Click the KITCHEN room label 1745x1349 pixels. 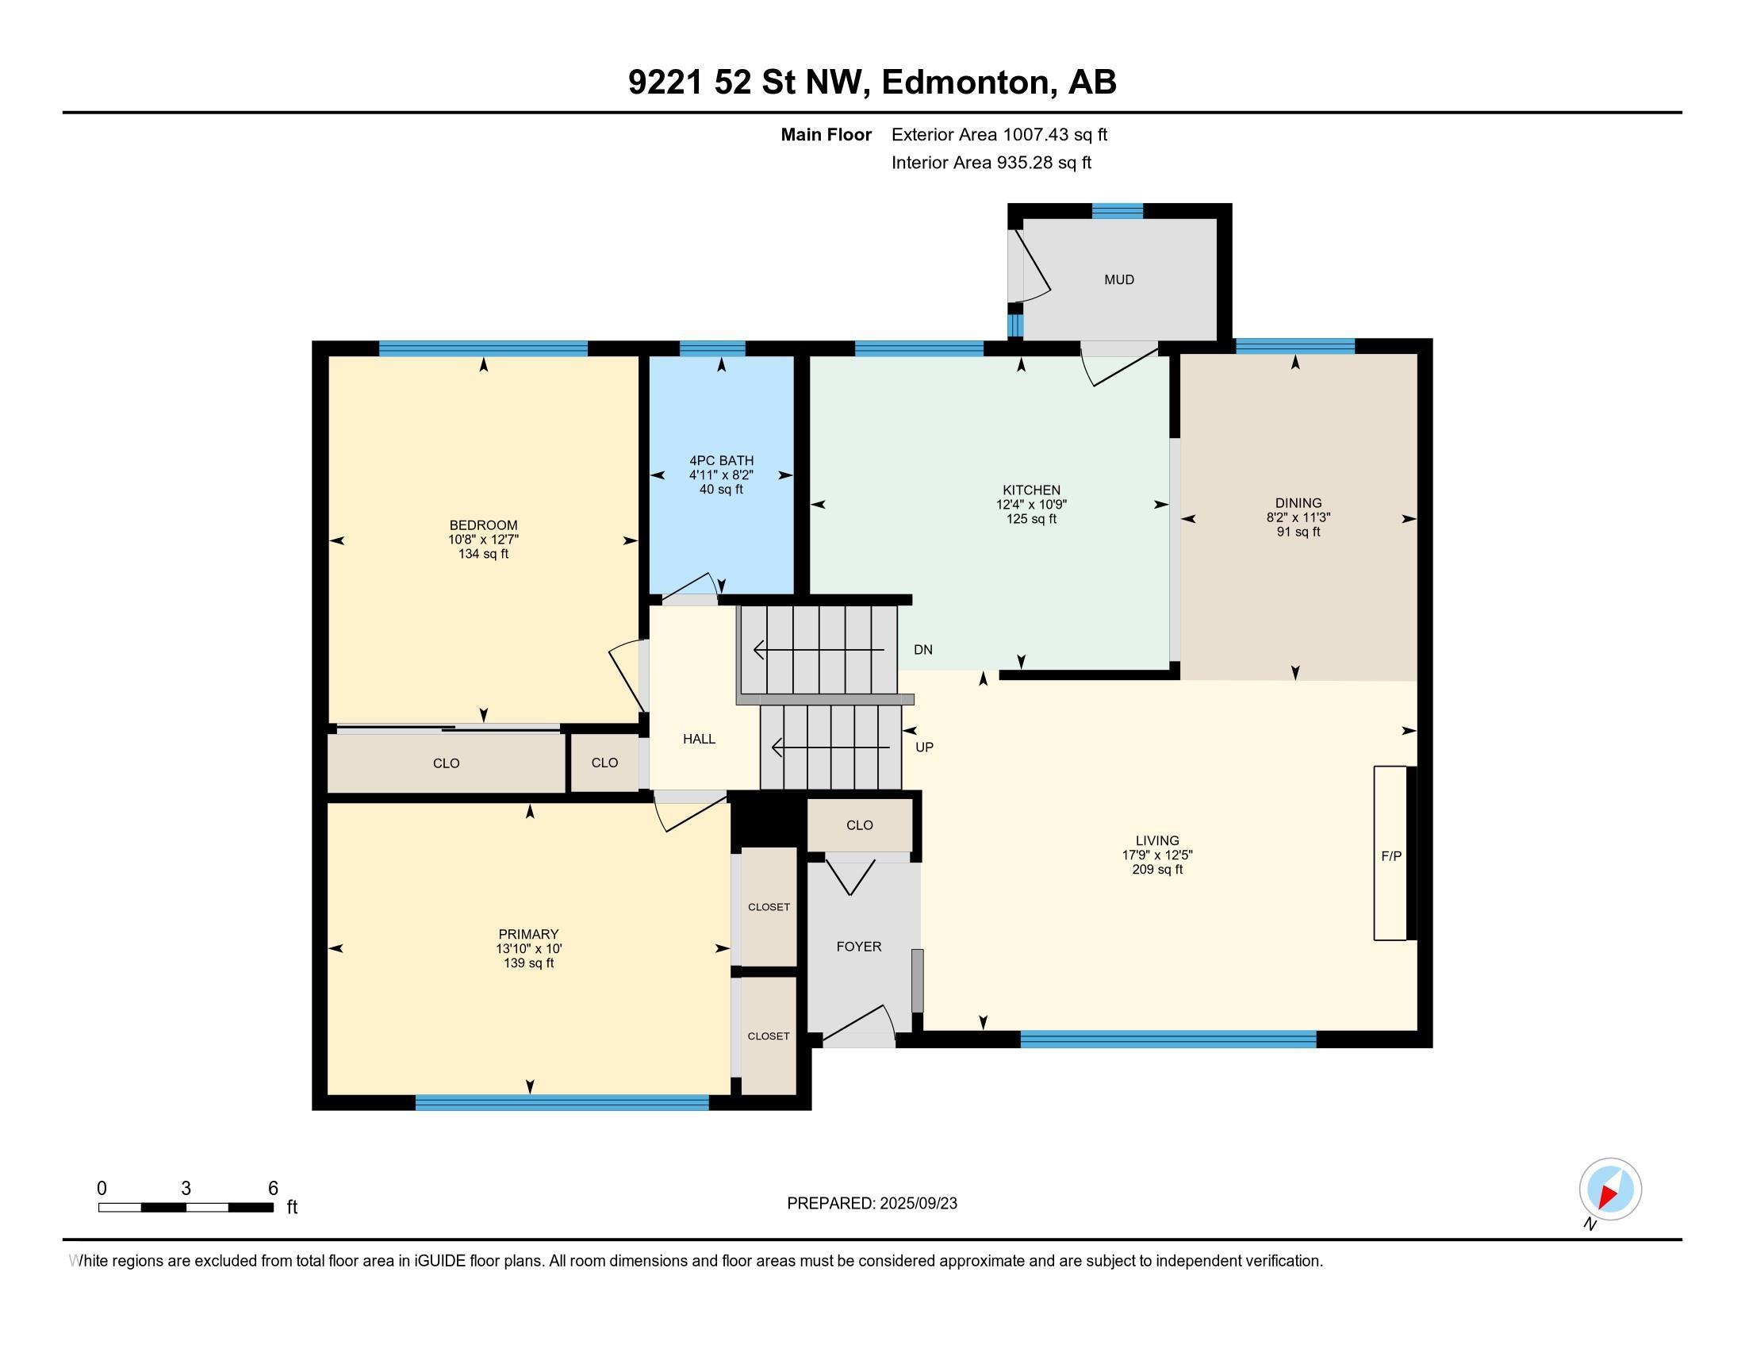coord(1031,490)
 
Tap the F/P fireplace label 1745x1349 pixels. coord(1391,856)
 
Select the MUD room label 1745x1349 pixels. coord(1119,279)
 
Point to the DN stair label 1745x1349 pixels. coord(922,650)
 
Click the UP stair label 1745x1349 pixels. coord(924,748)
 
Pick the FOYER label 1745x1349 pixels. coord(859,946)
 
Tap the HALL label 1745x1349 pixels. coord(699,740)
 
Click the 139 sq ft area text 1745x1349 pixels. coord(528,963)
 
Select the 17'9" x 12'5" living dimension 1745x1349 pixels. coord(1158,855)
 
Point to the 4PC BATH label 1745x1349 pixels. coord(722,460)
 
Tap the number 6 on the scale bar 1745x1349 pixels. coord(272,1189)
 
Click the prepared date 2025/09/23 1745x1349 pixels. coord(918,1204)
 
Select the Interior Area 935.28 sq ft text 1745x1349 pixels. coord(991,163)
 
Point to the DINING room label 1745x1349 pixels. coord(1298,502)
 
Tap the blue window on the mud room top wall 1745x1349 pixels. coord(1117,211)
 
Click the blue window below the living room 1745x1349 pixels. coord(1168,1039)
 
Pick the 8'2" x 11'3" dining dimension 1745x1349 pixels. coord(1298,517)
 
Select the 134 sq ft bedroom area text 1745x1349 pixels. coord(483,554)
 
